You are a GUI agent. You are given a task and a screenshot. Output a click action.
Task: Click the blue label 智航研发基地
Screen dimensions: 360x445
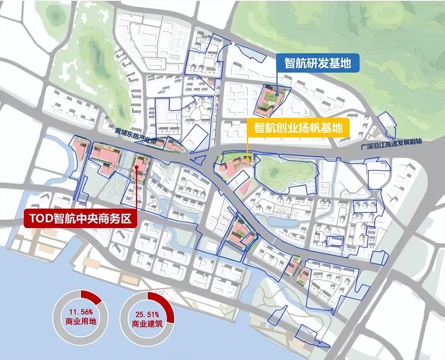(318, 63)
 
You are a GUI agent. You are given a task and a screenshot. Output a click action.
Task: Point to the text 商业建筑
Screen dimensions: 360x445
(147, 324)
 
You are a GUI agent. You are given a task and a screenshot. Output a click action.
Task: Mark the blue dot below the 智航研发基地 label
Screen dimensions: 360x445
(277, 95)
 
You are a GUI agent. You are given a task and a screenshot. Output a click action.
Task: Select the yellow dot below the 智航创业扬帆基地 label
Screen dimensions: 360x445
(247, 158)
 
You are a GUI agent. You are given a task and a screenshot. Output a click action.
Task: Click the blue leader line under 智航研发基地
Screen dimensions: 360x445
(277, 83)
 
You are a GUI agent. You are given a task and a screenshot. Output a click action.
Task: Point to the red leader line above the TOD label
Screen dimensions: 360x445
(137, 189)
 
